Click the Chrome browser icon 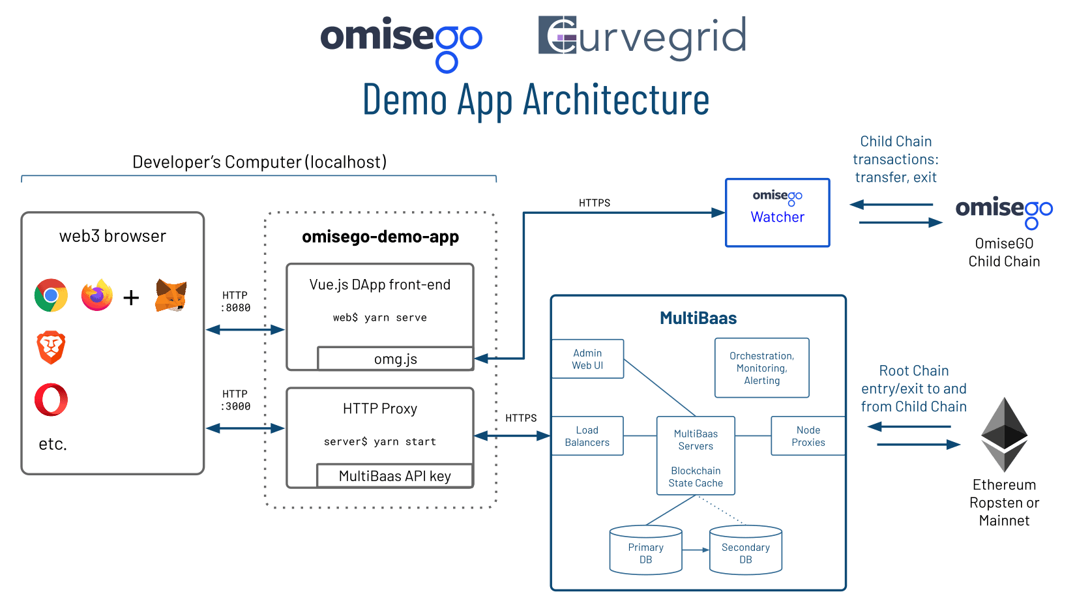coord(52,295)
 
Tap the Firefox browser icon coord(97,295)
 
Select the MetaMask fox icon coord(171,295)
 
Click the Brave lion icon coord(52,347)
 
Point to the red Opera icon coord(52,400)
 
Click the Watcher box coord(777,213)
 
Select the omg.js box coord(395,359)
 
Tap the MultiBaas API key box coord(394,476)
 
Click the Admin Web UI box coord(587,359)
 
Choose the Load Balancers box coord(587,436)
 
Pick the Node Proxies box coord(808,436)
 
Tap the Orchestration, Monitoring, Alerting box coord(761,368)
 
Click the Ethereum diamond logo coord(1004,435)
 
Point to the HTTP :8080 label coord(235,302)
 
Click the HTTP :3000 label coord(235,400)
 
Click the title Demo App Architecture coord(536,100)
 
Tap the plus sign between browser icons coord(131,298)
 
